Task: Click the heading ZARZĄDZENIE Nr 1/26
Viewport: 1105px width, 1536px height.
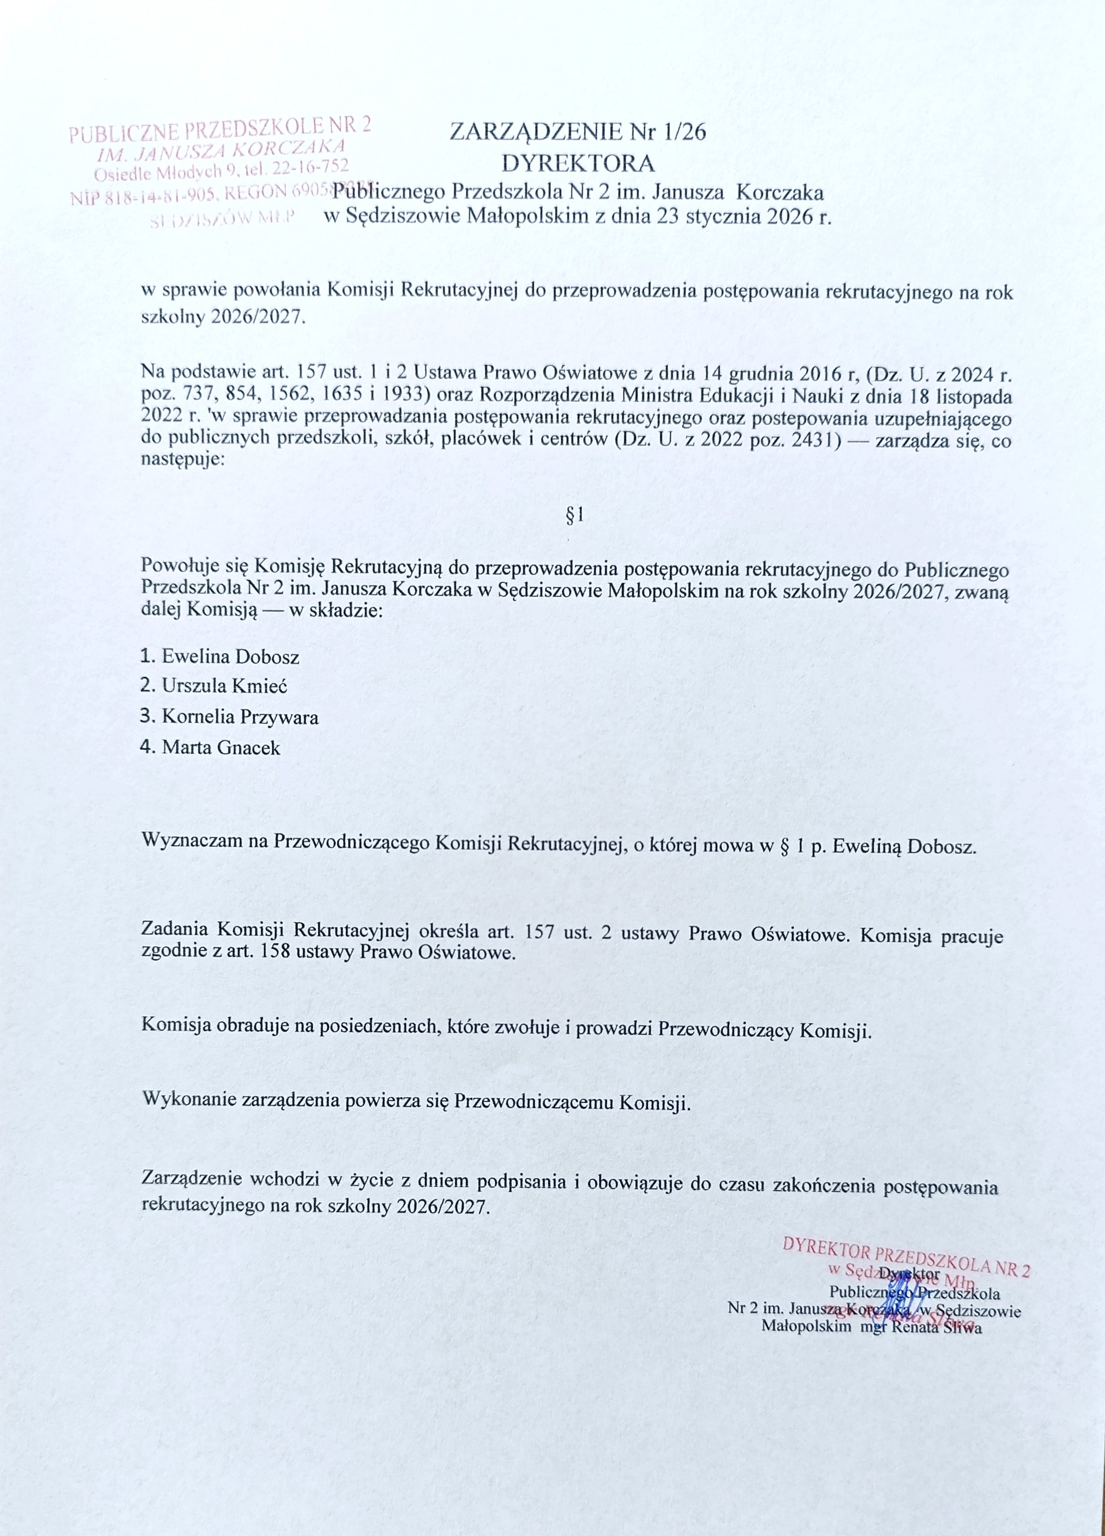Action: pos(578,131)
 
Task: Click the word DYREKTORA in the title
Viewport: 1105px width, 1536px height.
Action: pos(578,163)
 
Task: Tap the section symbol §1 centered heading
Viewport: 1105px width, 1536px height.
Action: pos(574,517)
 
